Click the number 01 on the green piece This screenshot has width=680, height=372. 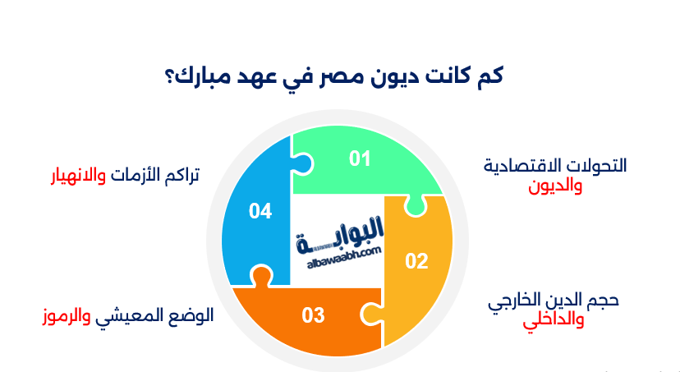360,158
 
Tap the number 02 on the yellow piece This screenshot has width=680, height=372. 417,261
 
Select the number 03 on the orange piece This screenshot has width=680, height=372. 313,315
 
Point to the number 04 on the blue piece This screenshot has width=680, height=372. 260,211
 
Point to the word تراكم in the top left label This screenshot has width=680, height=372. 180,176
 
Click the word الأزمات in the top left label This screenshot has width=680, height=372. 134,176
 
